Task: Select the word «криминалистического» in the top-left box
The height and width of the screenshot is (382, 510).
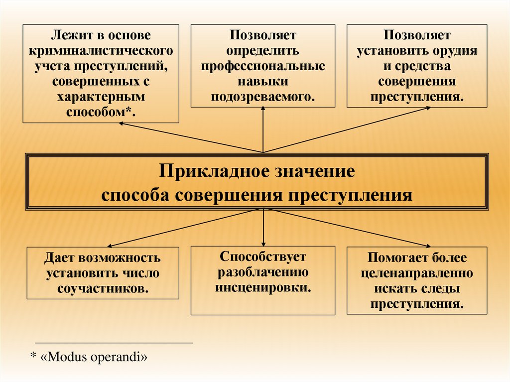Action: coord(101,51)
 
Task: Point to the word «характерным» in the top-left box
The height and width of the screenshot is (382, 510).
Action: coord(101,95)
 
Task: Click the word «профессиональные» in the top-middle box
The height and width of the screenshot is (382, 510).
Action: coord(263,66)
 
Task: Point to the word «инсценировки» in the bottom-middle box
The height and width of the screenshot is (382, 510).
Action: coord(262,287)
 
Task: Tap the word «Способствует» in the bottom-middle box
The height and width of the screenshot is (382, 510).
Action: coord(263,257)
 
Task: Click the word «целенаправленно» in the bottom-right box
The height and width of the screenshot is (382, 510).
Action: coord(417,273)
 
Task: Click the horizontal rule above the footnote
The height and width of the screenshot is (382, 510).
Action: coord(114,343)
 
